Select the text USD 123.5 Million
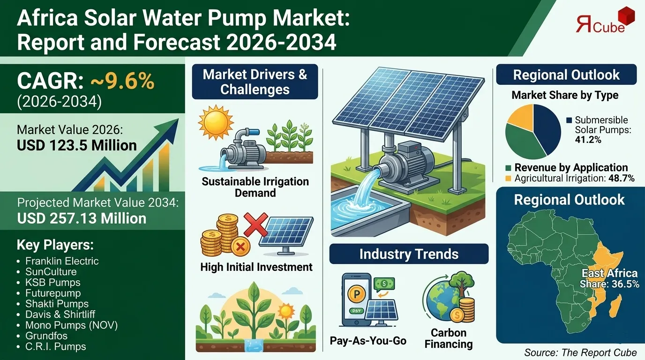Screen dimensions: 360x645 77,145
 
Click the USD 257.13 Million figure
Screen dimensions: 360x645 82,218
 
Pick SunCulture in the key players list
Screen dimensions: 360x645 51,272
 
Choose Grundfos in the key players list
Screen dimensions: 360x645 46,336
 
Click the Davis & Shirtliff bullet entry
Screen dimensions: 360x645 60,315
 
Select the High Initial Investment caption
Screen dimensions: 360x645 256,267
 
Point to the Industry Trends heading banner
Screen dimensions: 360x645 409,255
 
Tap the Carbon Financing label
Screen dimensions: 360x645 448,338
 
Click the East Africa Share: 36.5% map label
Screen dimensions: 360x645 609,278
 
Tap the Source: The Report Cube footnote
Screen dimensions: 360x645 580,352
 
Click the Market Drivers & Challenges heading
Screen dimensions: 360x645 255,82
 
